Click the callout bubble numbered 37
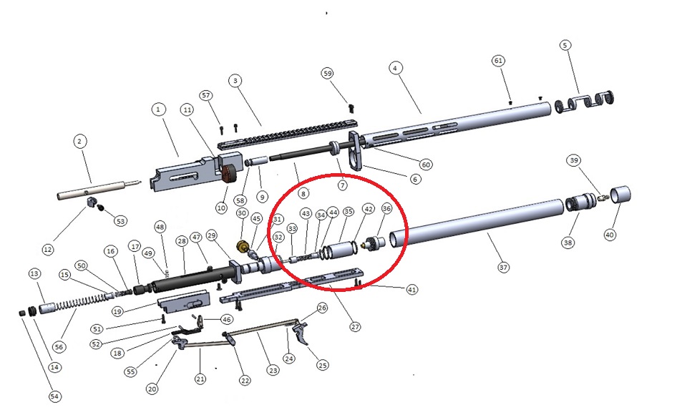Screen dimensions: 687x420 (503, 267)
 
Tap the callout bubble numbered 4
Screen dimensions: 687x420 (395, 68)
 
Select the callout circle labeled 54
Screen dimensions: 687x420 (54, 396)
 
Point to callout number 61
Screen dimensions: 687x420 (498, 60)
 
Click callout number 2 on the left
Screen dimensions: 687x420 (79, 142)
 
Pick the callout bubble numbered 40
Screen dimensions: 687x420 (610, 235)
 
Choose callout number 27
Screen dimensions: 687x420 (355, 327)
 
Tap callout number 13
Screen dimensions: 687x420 (34, 274)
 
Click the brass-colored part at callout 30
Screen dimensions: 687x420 (241, 247)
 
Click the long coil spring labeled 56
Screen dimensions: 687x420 (83, 302)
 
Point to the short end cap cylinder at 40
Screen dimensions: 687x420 (620, 194)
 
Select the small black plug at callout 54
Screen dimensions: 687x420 (22, 313)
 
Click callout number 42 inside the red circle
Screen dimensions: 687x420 (369, 209)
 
